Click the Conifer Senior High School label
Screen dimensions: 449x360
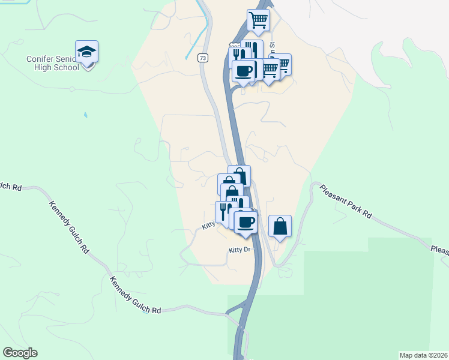53,63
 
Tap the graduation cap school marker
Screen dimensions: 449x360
86,52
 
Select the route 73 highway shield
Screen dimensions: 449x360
204,58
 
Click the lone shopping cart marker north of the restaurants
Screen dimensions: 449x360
258,20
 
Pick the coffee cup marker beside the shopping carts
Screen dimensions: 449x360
243,71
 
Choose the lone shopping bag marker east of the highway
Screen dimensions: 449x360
280,226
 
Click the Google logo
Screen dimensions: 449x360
20,353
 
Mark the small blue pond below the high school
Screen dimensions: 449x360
85,114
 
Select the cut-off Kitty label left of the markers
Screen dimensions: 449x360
208,226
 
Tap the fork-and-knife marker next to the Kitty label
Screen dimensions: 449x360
223,212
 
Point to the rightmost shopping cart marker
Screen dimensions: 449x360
281,64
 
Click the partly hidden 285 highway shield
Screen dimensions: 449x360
234,46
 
